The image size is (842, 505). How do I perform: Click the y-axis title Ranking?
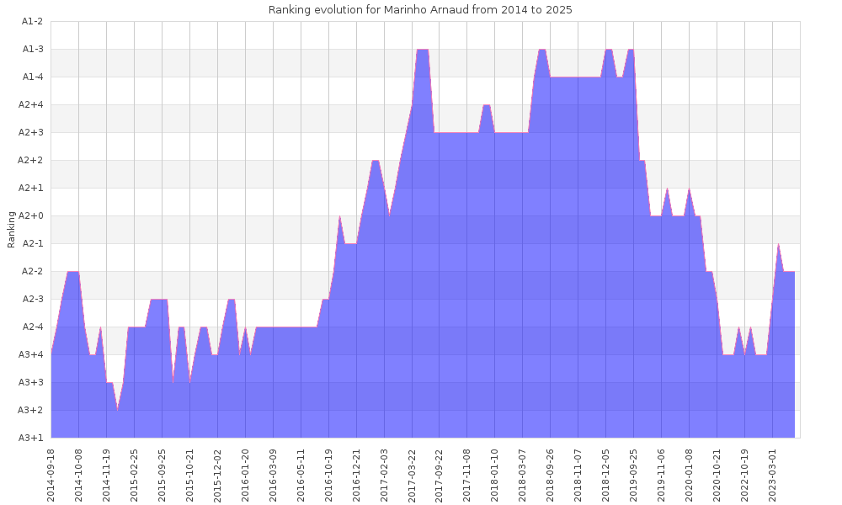(12, 229)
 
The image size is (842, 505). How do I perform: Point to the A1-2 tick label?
(32, 21)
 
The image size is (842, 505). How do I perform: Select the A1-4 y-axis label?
(32, 77)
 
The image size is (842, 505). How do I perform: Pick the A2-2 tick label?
(32, 271)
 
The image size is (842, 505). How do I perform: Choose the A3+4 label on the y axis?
(32, 354)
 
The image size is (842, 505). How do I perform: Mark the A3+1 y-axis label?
(32, 437)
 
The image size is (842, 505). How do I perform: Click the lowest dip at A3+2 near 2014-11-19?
(118, 410)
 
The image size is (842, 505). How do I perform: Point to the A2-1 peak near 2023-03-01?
(778, 244)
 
